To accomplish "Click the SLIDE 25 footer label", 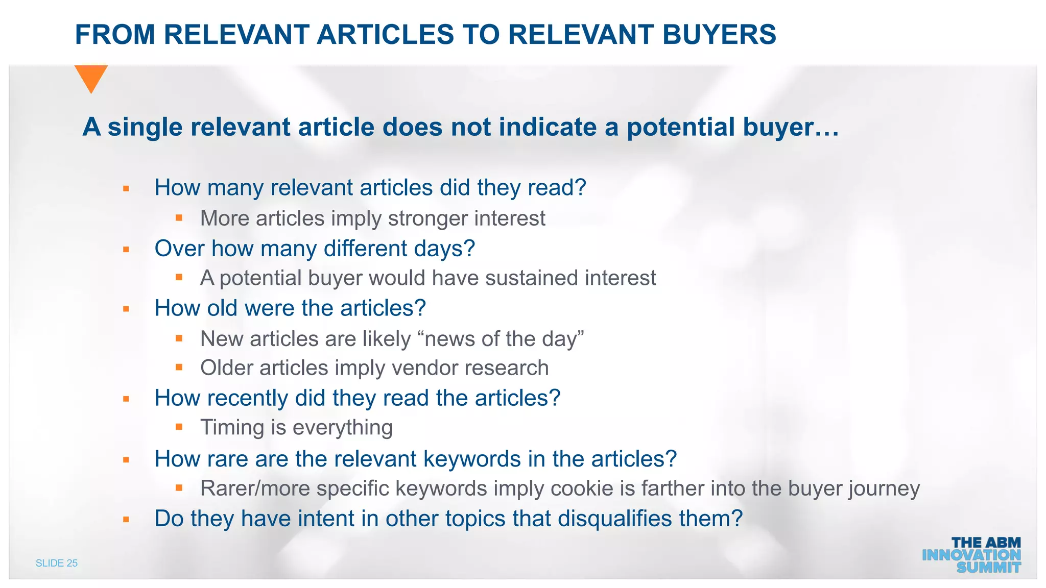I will [x=57, y=563].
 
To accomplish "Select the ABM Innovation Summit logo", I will [x=971, y=555].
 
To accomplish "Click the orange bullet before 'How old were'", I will [x=126, y=309].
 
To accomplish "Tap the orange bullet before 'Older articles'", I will [x=179, y=367].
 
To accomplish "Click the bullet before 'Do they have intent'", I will [x=126, y=520].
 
